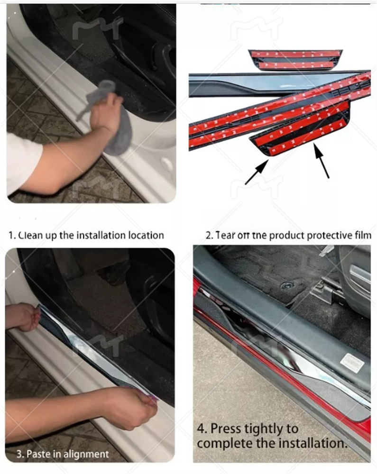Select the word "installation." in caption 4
(x=313, y=444)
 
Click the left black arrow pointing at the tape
(x=257, y=172)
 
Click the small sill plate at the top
(x=295, y=60)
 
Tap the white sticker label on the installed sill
(x=352, y=362)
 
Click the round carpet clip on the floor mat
(x=286, y=285)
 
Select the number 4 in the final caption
(x=201, y=429)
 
